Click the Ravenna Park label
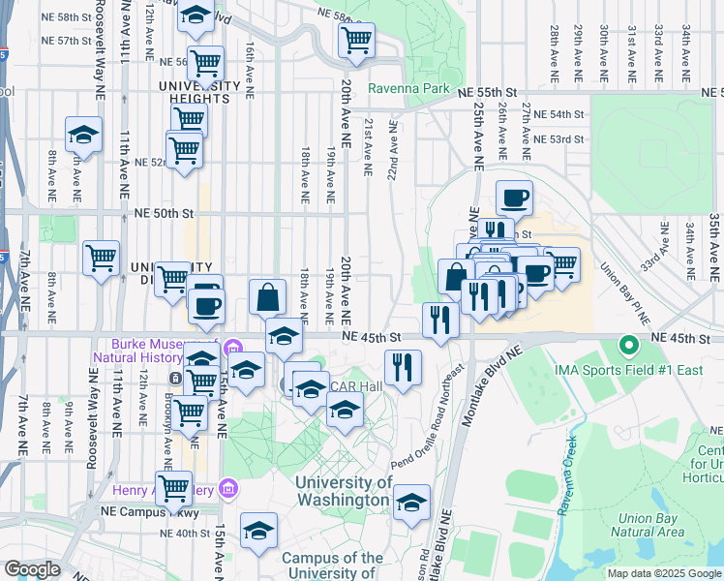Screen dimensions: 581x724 tap(408, 88)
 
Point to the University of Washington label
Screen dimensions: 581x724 tap(344, 492)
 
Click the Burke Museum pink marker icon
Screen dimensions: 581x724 tap(232, 348)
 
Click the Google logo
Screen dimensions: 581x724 tap(32, 569)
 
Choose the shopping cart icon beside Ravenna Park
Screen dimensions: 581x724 tap(356, 42)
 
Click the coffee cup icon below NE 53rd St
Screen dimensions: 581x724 tap(515, 198)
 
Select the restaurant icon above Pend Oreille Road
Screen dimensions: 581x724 tap(402, 367)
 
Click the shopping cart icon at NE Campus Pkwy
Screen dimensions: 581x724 tap(174, 487)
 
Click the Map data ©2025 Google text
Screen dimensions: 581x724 tap(663, 573)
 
